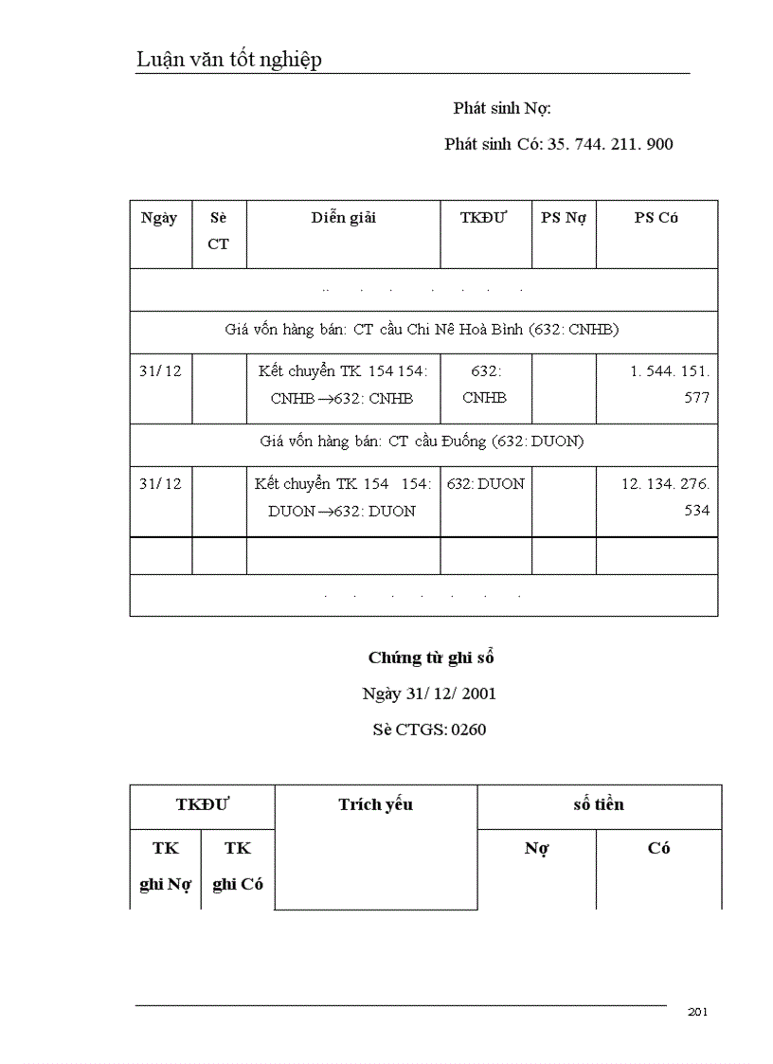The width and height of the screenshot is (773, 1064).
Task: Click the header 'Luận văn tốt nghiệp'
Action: click(229, 60)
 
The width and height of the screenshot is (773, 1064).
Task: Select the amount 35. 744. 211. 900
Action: click(610, 144)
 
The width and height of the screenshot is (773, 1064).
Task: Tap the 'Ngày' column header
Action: click(159, 218)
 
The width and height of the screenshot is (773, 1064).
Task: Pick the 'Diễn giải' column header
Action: click(343, 218)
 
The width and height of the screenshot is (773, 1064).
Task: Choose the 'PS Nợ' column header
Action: click(564, 218)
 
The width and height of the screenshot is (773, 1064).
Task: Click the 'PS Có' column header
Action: click(656, 218)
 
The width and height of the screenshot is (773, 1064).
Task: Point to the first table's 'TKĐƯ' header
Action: click(484, 218)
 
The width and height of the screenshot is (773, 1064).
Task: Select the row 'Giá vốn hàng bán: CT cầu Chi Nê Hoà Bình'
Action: click(422, 330)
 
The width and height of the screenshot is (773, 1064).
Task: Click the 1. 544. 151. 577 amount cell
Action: click(670, 384)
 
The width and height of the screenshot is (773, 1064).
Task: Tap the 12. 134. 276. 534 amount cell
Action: click(665, 496)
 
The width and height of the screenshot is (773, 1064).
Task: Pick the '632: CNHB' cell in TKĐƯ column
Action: click(485, 384)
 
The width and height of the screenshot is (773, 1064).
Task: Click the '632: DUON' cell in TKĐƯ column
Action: click(485, 483)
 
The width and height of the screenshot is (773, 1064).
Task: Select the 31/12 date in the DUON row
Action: click(159, 483)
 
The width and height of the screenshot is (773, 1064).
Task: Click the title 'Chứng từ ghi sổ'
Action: click(431, 658)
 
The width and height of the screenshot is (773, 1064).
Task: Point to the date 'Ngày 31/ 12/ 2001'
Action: click(429, 694)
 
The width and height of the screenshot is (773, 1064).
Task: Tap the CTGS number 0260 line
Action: click(429, 730)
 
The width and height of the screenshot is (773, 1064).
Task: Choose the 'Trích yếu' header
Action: click(375, 805)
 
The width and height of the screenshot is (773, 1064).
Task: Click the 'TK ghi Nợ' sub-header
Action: click(165, 866)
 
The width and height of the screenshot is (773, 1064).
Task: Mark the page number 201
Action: click(698, 1012)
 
